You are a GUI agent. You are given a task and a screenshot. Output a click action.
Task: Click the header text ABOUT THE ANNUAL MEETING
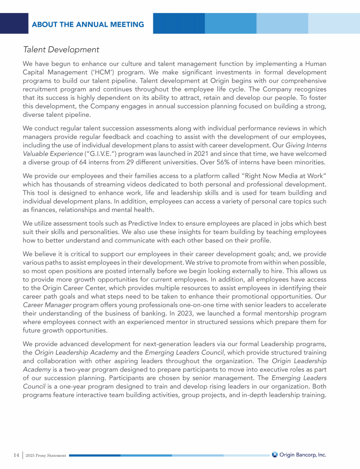click(x=88, y=24)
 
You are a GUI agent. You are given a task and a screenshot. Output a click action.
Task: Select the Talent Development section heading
click(x=61, y=49)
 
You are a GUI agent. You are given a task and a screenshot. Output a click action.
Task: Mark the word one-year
click(x=65, y=386)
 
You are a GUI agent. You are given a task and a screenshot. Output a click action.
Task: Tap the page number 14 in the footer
click(x=16, y=454)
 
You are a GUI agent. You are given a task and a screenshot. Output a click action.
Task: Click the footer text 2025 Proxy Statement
click(x=46, y=455)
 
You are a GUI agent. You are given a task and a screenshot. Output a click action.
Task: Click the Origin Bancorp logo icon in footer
click(x=275, y=454)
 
